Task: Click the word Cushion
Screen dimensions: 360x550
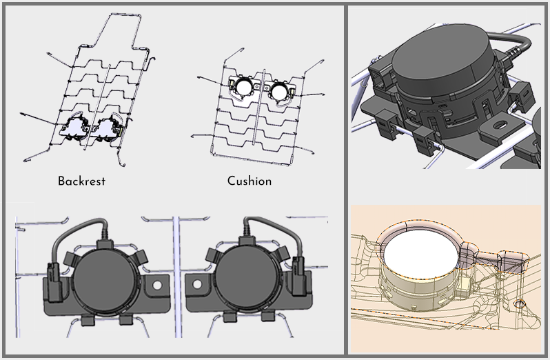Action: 249,181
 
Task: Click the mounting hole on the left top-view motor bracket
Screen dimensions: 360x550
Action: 157,284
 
